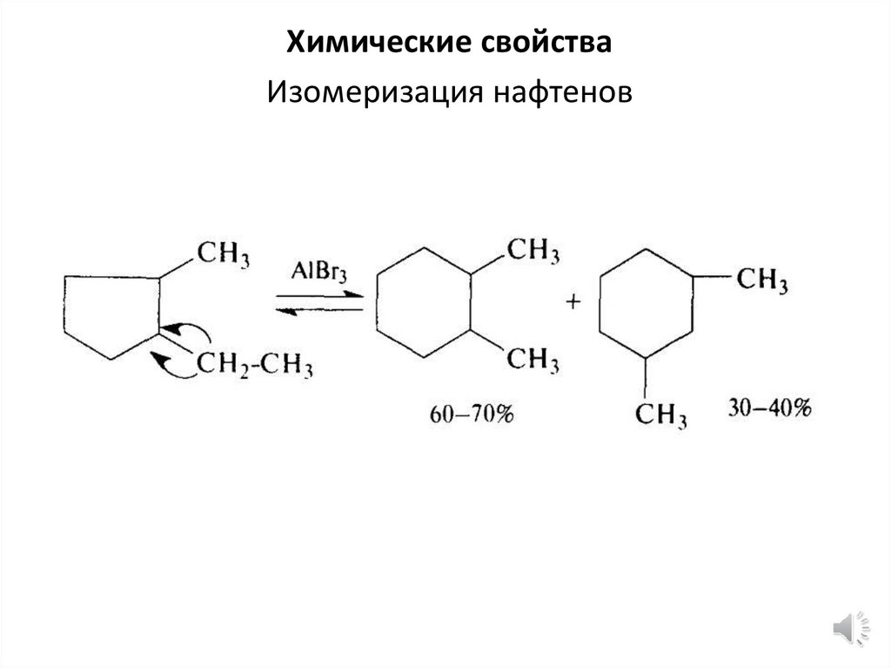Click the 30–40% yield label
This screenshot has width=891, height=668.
768,408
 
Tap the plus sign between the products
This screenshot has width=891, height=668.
573,302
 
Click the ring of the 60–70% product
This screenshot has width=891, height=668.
424,303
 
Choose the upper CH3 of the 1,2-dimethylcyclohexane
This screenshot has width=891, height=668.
533,252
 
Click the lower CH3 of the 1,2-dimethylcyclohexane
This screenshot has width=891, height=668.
533,358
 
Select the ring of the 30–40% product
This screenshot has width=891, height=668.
644,302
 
